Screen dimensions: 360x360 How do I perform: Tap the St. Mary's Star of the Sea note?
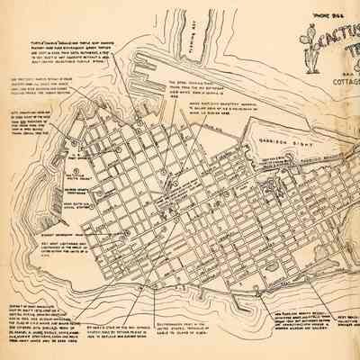click(x=134, y=328)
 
